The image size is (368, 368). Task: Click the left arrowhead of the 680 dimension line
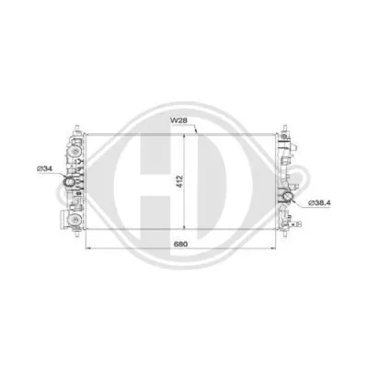(88, 248)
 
